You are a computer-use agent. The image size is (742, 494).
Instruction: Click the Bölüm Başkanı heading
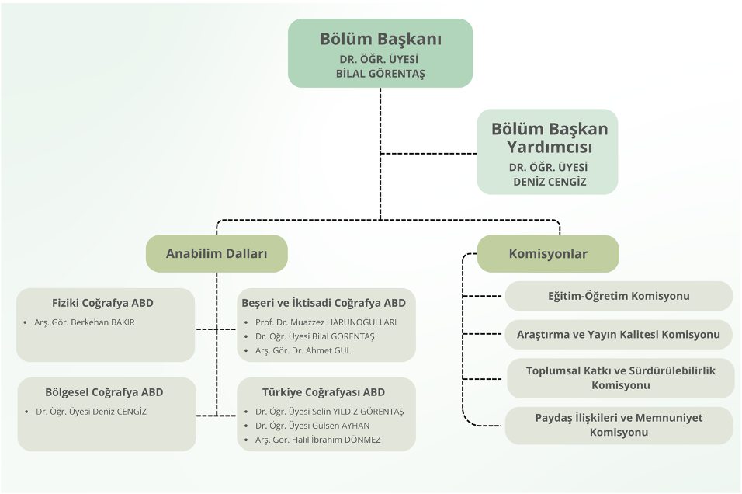[x=380, y=39]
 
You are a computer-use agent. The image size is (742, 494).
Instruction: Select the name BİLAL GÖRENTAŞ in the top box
[x=380, y=74]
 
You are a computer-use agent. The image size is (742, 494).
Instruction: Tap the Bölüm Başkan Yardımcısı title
[x=550, y=137]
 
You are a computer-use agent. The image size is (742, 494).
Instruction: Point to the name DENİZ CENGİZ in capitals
[x=550, y=183]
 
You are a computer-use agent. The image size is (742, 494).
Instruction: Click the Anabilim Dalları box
[x=217, y=254]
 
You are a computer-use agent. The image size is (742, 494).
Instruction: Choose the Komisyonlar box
[x=548, y=254]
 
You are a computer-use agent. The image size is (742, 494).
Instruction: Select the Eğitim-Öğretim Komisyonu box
[x=619, y=296]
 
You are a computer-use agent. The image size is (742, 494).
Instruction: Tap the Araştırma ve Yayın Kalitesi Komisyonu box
[x=619, y=335]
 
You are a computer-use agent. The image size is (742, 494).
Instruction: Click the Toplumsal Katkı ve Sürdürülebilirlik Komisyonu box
[x=620, y=377]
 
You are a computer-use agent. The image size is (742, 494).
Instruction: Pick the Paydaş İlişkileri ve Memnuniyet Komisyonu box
[x=619, y=425]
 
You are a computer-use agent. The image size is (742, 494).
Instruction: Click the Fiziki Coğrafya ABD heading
[x=102, y=303]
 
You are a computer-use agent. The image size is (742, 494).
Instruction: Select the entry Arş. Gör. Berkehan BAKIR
[x=85, y=322]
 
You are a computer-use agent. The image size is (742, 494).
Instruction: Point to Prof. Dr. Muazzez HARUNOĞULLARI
[x=326, y=322]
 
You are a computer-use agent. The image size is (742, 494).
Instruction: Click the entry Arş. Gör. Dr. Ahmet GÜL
[x=303, y=350]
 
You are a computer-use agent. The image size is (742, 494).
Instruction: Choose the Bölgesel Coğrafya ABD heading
[x=104, y=392]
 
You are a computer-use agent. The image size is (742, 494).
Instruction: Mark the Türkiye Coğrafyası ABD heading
[x=324, y=392]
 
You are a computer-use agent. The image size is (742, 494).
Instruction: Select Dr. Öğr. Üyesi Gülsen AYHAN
[x=312, y=426]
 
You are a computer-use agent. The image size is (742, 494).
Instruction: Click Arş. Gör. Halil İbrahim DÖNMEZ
[x=317, y=440]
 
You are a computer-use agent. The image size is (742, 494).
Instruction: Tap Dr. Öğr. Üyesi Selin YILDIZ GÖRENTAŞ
[x=329, y=412]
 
